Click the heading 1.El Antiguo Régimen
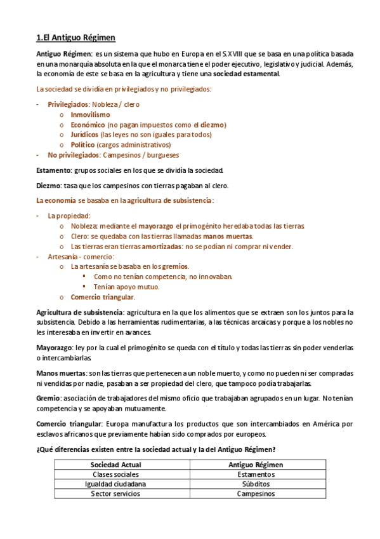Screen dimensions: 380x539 75,38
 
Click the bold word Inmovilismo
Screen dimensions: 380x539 90,114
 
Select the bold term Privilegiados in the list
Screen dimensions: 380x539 69,104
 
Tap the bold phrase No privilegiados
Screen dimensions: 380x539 74,154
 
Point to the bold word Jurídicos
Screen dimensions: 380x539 84,135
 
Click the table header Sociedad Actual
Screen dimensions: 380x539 117,465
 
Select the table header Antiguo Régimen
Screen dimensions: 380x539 256,465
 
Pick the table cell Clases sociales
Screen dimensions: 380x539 117,474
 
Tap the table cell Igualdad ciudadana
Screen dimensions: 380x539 117,484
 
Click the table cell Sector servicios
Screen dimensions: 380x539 117,493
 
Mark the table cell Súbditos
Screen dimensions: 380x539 256,484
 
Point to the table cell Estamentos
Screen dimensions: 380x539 256,474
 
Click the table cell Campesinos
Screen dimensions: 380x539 256,493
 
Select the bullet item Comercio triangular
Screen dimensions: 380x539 102,297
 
